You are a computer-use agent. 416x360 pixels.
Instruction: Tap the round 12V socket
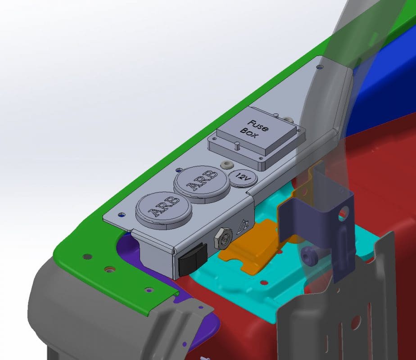[242, 178]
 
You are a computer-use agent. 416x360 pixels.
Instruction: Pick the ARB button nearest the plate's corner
[162, 210]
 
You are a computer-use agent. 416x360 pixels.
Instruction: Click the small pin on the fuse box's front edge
[237, 144]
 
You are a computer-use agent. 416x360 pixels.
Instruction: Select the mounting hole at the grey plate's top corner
[319, 67]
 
